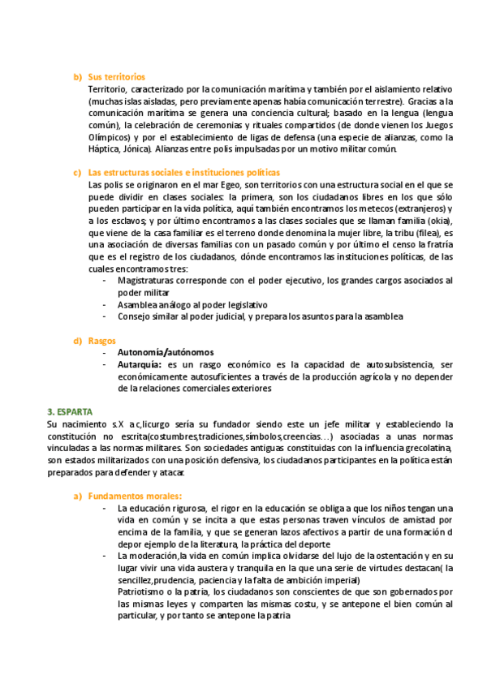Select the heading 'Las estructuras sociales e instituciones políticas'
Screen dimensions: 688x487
[183, 173]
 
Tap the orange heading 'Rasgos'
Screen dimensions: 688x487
[101, 341]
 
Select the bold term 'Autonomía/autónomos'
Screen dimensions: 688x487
[166, 353]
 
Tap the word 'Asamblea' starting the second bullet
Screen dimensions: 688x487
[138, 304]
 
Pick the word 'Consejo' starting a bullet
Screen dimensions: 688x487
[136, 316]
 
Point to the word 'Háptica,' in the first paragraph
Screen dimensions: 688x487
[107, 149]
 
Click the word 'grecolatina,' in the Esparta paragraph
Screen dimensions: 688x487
[425, 449]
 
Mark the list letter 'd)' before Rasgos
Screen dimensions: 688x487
[78, 341]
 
